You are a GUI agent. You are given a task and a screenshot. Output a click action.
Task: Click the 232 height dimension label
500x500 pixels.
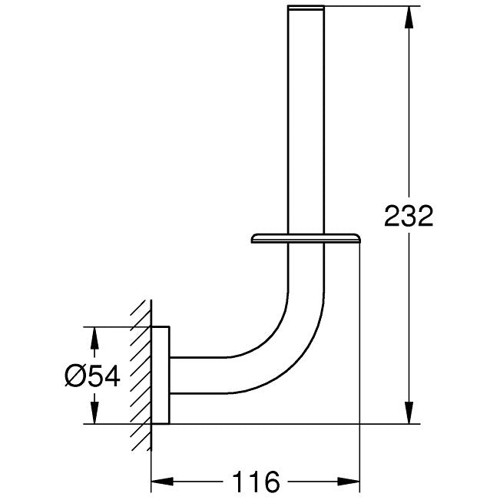[x=409, y=216]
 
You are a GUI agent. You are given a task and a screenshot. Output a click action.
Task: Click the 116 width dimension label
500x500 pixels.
[x=256, y=482]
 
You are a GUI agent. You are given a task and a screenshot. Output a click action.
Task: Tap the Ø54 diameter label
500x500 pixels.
[x=92, y=376]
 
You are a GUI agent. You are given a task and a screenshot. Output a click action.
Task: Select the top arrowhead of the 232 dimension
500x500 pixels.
[x=409, y=18]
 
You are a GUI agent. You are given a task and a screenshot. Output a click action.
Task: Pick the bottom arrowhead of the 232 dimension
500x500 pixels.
[x=409, y=412]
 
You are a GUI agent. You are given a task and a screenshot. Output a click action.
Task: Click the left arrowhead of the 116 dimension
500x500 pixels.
[x=162, y=482]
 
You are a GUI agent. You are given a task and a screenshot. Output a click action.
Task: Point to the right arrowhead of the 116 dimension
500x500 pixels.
[x=348, y=482]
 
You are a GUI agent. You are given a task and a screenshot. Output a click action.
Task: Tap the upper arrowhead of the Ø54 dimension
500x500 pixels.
[x=94, y=339]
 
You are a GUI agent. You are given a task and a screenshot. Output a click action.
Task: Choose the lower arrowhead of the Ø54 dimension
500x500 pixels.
[x=94, y=412]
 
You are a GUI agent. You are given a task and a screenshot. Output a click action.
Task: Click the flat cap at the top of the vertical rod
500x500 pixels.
[x=306, y=8]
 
